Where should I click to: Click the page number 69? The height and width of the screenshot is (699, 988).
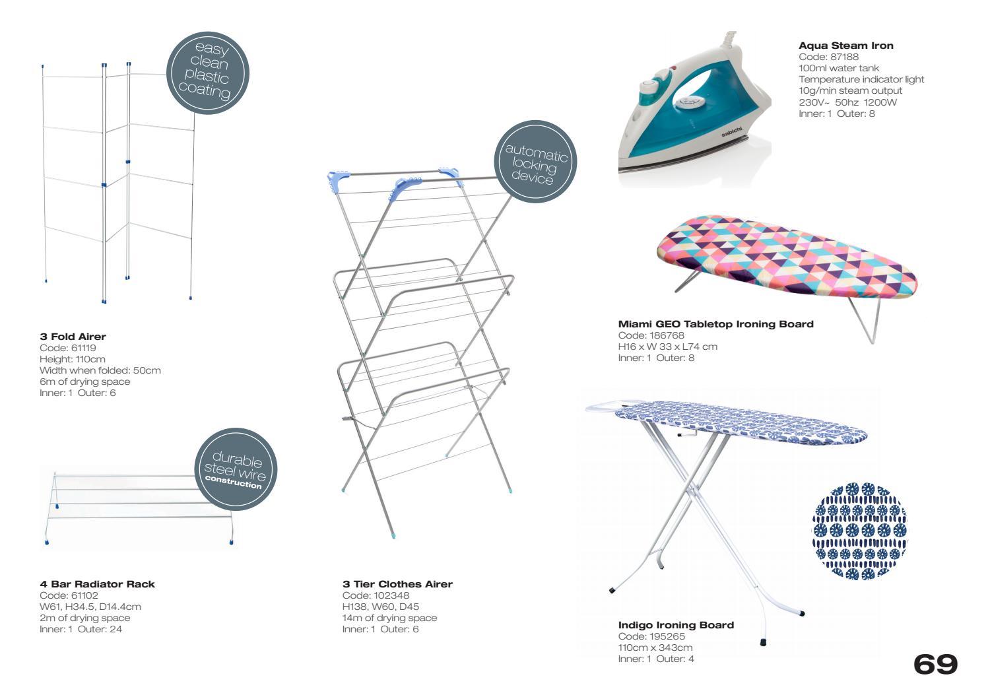935,665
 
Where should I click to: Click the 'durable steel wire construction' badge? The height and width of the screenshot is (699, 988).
236,469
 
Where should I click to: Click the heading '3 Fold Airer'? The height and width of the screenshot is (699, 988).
73,337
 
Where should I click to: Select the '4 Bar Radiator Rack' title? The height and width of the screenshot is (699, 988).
97,584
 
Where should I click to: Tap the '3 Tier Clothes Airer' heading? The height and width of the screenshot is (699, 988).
397,584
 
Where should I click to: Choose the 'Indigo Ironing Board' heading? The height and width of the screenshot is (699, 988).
676,625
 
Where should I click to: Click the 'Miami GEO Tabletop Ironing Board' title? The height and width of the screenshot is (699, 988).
715,324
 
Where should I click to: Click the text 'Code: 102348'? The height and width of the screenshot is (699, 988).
376,595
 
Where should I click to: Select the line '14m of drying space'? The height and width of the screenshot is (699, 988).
389,618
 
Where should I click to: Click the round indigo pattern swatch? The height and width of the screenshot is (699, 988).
859,531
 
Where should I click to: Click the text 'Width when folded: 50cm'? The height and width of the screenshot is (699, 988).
100,370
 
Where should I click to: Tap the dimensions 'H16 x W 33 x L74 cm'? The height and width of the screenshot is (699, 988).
667,347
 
